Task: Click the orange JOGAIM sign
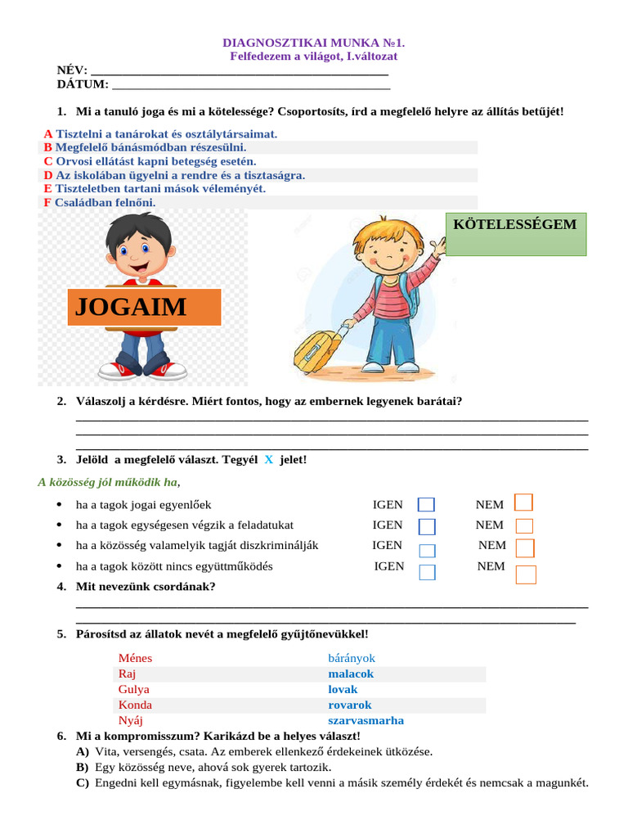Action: [x=144, y=307]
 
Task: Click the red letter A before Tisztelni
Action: [x=48, y=133]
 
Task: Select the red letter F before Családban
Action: [x=47, y=202]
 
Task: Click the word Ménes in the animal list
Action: [x=135, y=658]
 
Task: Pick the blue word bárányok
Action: [x=352, y=658]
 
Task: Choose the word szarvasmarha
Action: [x=366, y=720]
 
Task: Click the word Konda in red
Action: [x=135, y=705]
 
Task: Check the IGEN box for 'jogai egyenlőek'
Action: [x=426, y=505]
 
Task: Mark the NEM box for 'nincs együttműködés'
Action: [x=526, y=574]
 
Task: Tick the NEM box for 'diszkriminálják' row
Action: [x=525, y=547]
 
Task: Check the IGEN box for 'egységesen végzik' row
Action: [x=427, y=526]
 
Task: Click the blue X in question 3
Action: [x=268, y=460]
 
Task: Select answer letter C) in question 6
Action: [x=82, y=782]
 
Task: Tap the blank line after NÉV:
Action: [x=237, y=71]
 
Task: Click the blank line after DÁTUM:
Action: [x=250, y=84]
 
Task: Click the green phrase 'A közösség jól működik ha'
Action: [x=107, y=482]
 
